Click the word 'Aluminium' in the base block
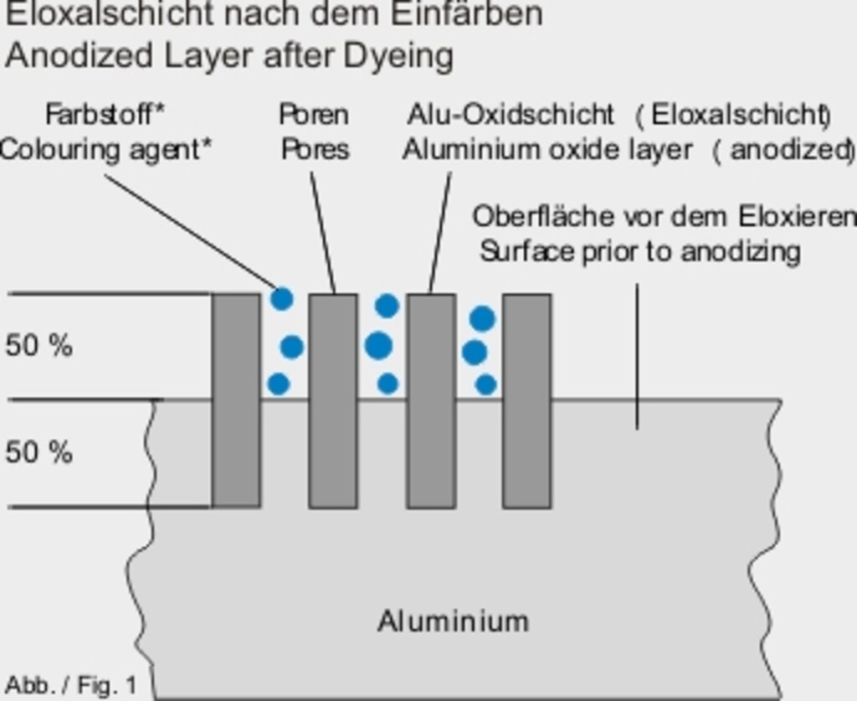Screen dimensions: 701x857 [453, 621]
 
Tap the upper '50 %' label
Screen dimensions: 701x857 [38, 345]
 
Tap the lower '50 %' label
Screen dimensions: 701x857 [38, 452]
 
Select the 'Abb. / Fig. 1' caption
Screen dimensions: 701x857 [71, 684]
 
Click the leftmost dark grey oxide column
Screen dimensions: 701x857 [236, 400]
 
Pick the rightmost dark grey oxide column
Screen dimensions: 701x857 [526, 400]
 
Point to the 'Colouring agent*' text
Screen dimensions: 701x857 [105, 149]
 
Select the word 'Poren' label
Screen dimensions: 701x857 [314, 113]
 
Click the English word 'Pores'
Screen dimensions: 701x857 [315, 149]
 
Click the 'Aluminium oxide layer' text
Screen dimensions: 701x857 [547, 149]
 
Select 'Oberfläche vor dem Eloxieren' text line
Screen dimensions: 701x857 [664, 216]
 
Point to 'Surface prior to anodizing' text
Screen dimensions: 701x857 [639, 250]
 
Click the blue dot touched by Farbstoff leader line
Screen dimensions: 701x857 [283, 298]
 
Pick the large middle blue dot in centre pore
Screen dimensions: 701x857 [379, 344]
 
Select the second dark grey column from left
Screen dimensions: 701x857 [333, 400]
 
